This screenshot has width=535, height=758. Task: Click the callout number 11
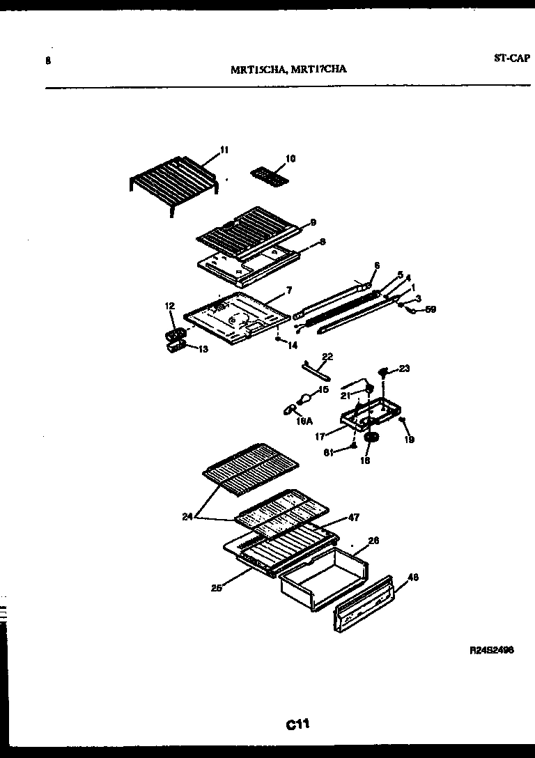point(224,149)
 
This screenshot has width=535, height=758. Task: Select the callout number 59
point(431,309)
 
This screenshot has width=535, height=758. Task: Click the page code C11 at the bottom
point(297,725)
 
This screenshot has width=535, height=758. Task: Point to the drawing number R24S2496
point(492,650)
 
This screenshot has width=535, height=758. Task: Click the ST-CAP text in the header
point(512,59)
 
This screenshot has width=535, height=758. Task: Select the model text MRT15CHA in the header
point(258,69)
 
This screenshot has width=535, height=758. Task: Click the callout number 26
point(373,540)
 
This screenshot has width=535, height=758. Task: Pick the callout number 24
point(185,516)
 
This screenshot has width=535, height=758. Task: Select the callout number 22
point(327,356)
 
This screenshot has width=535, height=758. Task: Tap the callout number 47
point(353,518)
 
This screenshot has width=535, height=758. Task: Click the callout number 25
point(216,587)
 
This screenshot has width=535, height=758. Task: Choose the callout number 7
point(288,290)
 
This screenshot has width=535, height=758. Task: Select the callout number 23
point(404,369)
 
